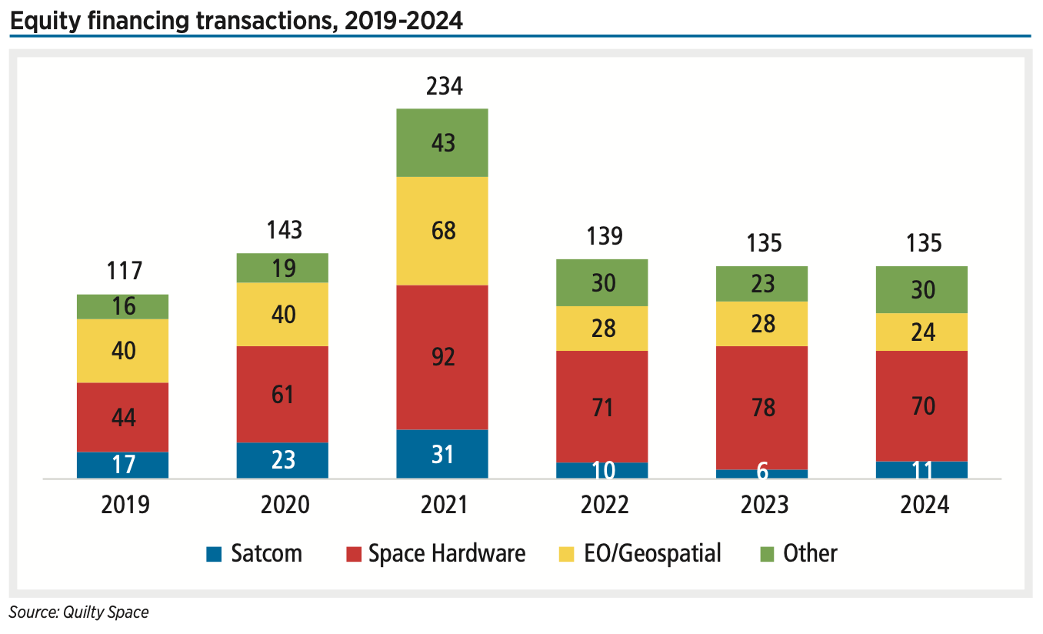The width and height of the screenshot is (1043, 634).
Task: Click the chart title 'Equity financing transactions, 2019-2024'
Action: pyautogui.click(x=236, y=21)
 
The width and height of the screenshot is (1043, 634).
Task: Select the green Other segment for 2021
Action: pyautogui.click(x=442, y=143)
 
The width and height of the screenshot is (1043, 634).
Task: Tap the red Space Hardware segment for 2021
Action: pyautogui.click(x=442, y=357)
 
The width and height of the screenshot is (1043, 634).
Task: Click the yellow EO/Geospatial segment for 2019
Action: pyautogui.click(x=122, y=351)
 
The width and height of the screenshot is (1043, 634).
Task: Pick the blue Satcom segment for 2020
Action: pyautogui.click(x=282, y=460)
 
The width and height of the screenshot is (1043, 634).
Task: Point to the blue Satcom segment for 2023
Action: pyautogui.click(x=761, y=474)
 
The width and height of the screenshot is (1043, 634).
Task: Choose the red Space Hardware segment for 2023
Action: pyautogui.click(x=761, y=407)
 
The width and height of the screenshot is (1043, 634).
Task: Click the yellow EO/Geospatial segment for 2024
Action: pyautogui.click(x=921, y=332)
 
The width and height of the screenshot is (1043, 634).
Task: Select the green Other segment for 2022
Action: pyautogui.click(x=601, y=282)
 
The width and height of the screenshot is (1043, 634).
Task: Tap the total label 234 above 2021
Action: pyautogui.click(x=444, y=86)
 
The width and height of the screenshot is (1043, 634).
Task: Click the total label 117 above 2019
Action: pyautogui.click(x=124, y=271)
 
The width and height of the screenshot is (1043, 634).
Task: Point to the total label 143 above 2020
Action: pyautogui.click(x=284, y=230)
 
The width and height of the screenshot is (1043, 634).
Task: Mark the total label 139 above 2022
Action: pyautogui.click(x=604, y=235)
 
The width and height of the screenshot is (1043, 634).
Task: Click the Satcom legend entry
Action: pyautogui.click(x=254, y=553)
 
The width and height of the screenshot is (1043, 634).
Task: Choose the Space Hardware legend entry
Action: pyautogui.click(x=435, y=553)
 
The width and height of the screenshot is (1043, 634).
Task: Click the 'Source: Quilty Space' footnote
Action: pyautogui.click(x=78, y=612)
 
